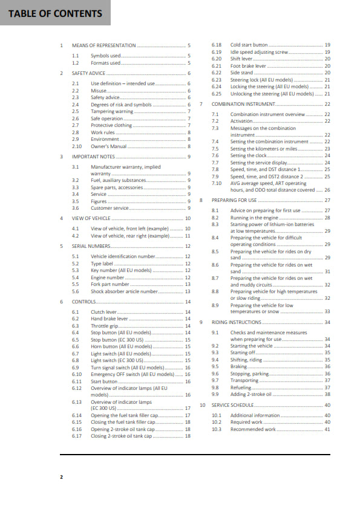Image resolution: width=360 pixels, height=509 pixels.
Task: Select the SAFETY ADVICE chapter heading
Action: (x=93, y=73)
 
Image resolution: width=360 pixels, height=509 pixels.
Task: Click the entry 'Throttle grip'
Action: (x=105, y=326)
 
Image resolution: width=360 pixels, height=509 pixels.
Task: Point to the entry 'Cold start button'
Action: (x=249, y=45)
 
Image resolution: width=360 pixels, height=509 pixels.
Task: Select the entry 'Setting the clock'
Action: (x=250, y=155)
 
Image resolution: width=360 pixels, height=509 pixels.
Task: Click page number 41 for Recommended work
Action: (x=327, y=429)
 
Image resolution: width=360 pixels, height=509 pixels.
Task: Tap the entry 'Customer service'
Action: (x=110, y=208)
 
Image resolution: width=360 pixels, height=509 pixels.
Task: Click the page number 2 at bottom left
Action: (x=61, y=477)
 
